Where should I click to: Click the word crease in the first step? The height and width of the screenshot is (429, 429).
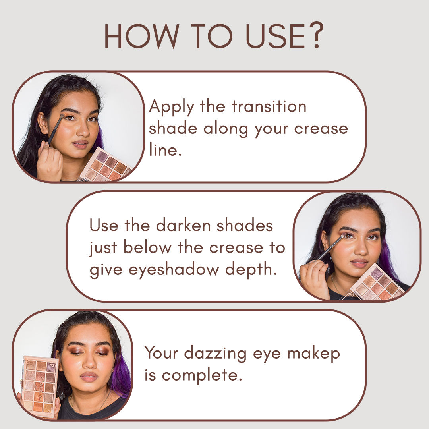(x=321, y=129)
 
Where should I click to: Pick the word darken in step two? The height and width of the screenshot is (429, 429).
(x=183, y=226)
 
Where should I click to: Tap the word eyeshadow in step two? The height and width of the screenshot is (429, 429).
(x=174, y=269)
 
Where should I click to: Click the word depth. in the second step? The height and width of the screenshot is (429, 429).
(x=251, y=269)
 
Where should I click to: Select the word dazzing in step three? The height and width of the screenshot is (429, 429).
(x=215, y=354)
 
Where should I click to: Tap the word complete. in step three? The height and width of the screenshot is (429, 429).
(x=202, y=375)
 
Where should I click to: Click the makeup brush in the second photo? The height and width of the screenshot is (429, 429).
(x=331, y=247)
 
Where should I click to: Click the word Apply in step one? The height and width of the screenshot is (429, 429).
(x=172, y=107)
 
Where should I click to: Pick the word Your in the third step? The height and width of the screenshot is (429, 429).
(x=161, y=353)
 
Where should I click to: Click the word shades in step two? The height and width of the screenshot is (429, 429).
(x=245, y=226)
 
